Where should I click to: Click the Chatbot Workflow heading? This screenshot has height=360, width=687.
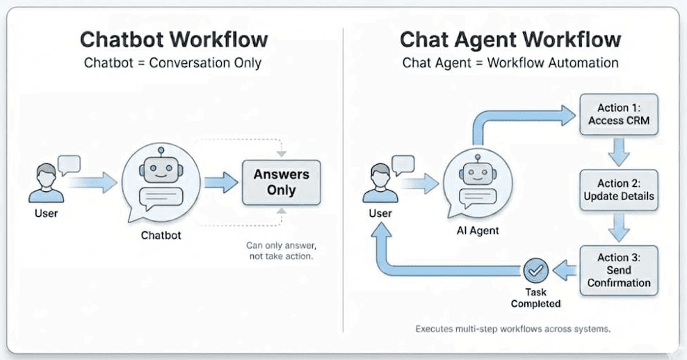[173, 39]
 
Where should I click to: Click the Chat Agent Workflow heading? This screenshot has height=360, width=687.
[510, 39]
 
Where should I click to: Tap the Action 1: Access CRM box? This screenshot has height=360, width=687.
[618, 115]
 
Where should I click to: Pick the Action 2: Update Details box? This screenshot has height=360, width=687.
[618, 189]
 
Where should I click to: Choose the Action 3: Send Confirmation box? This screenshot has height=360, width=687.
[618, 270]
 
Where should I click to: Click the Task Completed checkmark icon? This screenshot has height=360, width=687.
[535, 270]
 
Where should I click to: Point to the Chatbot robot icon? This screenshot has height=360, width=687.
[161, 181]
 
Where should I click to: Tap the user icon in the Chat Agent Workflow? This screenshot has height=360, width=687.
[381, 182]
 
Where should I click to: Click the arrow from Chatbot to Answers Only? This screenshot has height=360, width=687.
[221, 182]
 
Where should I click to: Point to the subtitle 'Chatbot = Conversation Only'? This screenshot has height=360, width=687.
[173, 63]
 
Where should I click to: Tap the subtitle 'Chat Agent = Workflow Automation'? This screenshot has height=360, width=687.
[510, 63]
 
